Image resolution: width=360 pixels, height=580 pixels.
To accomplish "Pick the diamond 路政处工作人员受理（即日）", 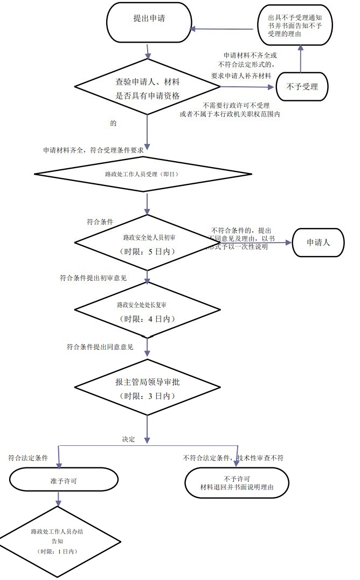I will click(x=143, y=174).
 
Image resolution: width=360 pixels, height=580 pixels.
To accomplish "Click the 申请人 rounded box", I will click(x=318, y=243).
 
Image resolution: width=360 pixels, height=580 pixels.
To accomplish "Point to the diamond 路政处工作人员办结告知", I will click(x=57, y=541).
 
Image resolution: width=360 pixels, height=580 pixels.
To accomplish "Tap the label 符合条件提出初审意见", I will click(x=93, y=278).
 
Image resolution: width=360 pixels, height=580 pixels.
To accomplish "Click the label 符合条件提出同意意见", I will click(x=100, y=346).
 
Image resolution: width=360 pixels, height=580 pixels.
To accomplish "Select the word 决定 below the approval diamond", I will click(x=128, y=439).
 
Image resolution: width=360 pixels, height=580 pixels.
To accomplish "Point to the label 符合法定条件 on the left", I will click(x=28, y=458).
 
